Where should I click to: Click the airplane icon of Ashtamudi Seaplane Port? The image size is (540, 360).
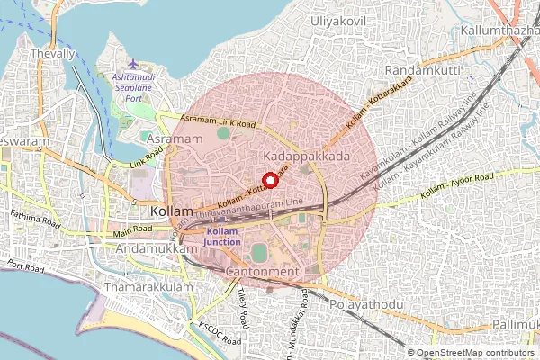pyautogui.click(x=134, y=66)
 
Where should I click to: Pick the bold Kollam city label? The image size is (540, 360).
pyautogui.click(x=172, y=211)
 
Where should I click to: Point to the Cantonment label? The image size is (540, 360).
pyautogui.click(x=261, y=271)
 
